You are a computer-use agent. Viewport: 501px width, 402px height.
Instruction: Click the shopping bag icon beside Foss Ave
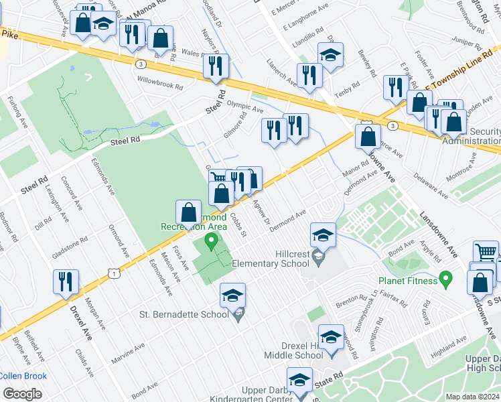(189, 212)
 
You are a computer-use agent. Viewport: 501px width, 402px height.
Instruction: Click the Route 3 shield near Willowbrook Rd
(141, 64)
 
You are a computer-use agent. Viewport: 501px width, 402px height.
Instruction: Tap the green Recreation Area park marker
(212, 241)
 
